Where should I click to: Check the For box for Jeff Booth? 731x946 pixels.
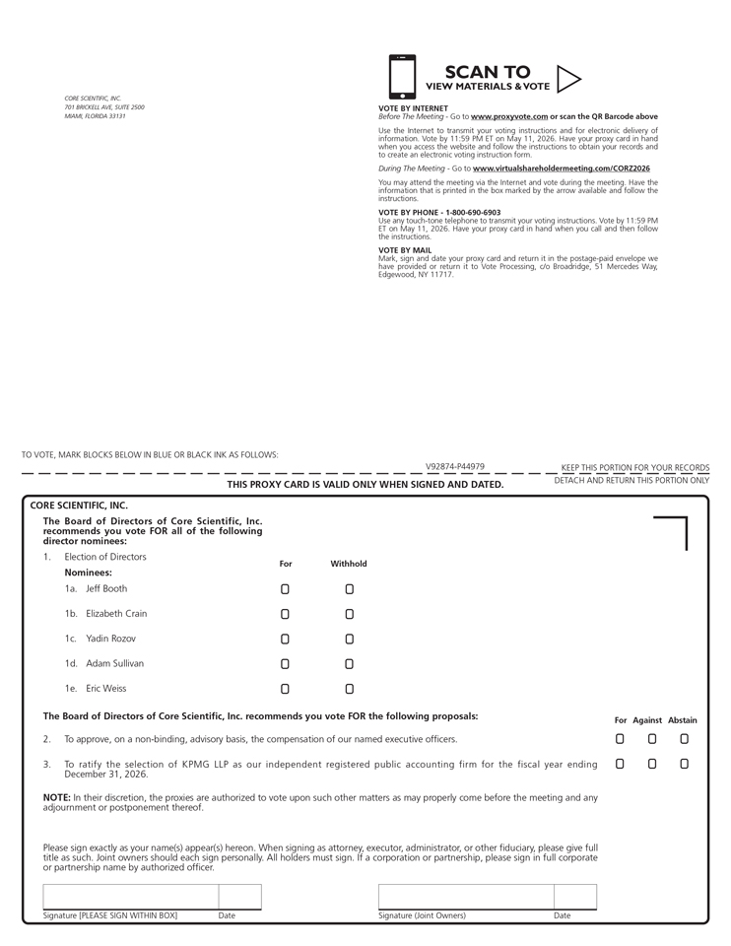pos(285,589)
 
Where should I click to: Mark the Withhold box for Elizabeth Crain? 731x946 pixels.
pos(349,614)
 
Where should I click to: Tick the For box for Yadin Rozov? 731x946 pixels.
pos(285,640)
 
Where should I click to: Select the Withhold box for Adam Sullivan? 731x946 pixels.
pos(349,664)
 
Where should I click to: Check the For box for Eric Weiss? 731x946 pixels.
pos(285,689)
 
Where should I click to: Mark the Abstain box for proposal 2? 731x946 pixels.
pos(684,739)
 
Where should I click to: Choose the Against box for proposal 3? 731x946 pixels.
pos(651,764)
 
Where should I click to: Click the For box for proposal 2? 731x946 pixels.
pos(620,739)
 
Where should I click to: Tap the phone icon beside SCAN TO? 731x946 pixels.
pos(402,77)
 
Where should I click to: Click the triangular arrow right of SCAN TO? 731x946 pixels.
pos(568,78)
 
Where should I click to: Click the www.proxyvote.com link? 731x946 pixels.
pos(508,116)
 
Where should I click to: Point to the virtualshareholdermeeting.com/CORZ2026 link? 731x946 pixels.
pos(561,169)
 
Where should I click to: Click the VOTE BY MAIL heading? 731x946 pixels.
pos(405,250)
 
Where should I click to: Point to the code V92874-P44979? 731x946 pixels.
pos(455,467)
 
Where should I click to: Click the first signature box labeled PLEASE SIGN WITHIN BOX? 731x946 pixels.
pos(130,897)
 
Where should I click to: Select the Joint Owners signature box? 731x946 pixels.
pos(465,897)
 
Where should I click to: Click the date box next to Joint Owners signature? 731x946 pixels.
pos(574,897)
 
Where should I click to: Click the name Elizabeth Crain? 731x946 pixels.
pos(116,614)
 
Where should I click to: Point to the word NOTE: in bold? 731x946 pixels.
pos(55,797)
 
